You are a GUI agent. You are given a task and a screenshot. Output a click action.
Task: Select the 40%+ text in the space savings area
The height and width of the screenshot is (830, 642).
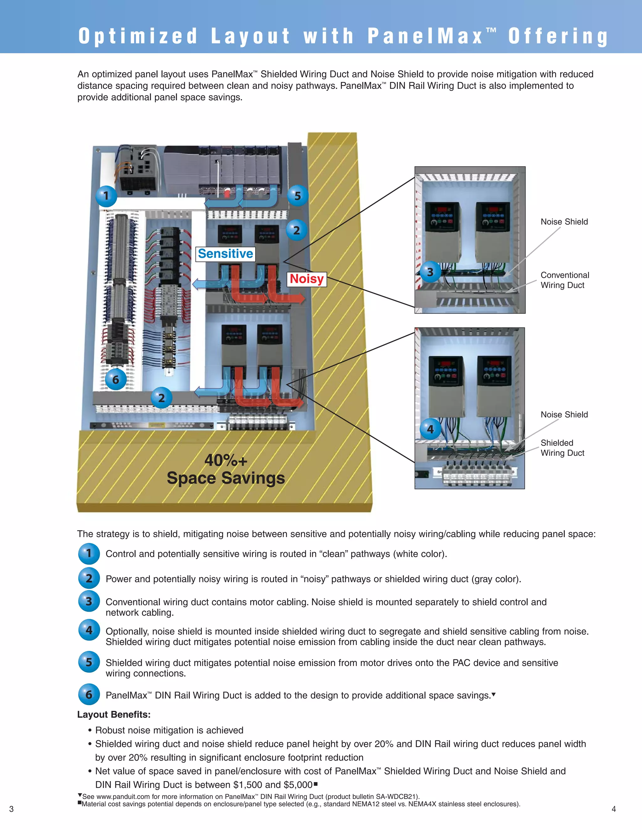pyautogui.click(x=226, y=460)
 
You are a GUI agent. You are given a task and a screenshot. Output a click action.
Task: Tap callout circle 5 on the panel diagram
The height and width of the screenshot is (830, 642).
pyautogui.click(x=297, y=196)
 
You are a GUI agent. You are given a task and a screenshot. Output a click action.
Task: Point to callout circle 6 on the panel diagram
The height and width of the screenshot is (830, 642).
pyautogui.click(x=116, y=379)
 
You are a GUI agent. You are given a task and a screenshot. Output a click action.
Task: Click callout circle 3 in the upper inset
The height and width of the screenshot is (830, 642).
pyautogui.click(x=430, y=272)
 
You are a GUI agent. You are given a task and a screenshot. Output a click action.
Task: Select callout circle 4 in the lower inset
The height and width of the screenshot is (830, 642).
pyautogui.click(x=430, y=429)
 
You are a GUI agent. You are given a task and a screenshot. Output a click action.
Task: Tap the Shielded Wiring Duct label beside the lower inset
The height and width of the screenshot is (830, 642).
pyautogui.click(x=562, y=448)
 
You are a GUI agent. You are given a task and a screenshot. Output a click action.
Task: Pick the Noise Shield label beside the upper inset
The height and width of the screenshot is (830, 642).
pyautogui.click(x=564, y=221)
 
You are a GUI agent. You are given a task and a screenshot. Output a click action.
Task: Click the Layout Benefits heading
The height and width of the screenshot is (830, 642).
pyautogui.click(x=114, y=714)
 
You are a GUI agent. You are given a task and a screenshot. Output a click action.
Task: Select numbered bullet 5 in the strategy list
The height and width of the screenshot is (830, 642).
pyautogui.click(x=89, y=662)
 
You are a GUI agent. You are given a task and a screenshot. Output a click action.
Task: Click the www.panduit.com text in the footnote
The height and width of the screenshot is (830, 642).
pyautogui.click(x=123, y=796)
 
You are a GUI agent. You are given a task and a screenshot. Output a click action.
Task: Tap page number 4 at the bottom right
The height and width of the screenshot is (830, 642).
pyautogui.click(x=613, y=809)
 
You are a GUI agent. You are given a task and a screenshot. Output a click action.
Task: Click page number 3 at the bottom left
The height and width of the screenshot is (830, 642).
pyautogui.click(x=11, y=809)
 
